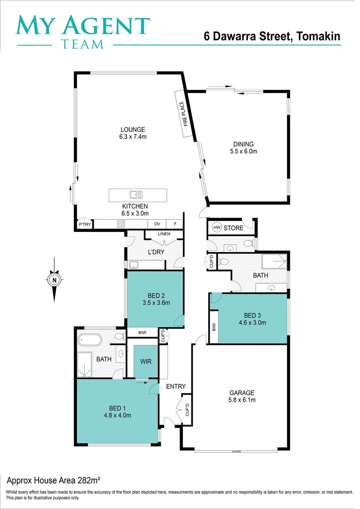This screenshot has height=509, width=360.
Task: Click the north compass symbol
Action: pyautogui.click(x=55, y=279)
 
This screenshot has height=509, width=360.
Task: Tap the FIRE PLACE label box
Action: pyautogui.click(x=186, y=114)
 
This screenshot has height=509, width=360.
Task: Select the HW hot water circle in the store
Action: pyautogui.click(x=217, y=228)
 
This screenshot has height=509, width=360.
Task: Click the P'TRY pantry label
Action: pyautogui.click(x=85, y=225)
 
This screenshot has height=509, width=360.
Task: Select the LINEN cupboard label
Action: pyautogui.click(x=164, y=234)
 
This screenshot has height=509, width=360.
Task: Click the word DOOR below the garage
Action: pyautogui.click(x=236, y=452)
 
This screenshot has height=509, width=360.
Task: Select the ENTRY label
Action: pyautogui.click(x=176, y=386)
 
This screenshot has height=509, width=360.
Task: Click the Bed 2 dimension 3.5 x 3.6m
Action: pyautogui.click(x=155, y=303)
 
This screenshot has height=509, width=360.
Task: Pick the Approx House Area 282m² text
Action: pyautogui.click(x=53, y=480)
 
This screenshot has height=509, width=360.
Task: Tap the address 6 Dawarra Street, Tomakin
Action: pyautogui.click(x=272, y=36)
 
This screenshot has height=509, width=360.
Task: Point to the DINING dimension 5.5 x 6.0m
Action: pyautogui.click(x=243, y=151)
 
